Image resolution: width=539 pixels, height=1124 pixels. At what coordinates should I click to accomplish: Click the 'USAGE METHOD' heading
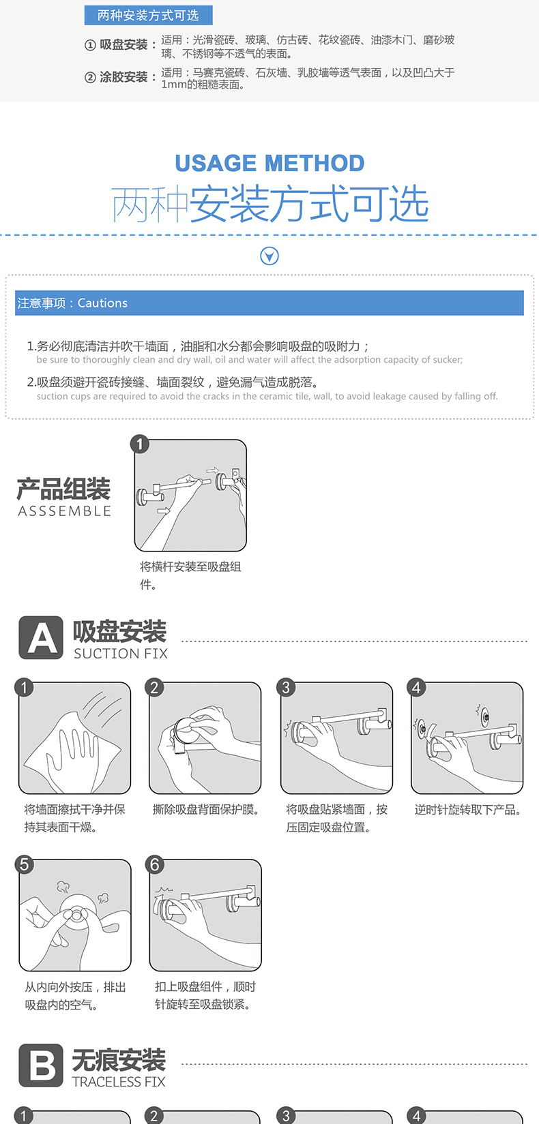click(x=269, y=164)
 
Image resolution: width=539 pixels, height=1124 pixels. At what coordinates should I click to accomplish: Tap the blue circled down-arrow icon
click(x=269, y=256)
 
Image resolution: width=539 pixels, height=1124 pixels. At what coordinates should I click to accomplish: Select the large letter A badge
click(x=40, y=639)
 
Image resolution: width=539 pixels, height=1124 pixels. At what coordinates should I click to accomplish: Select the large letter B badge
click(x=40, y=1065)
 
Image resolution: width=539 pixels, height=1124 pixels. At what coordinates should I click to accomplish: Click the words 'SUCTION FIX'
click(x=120, y=654)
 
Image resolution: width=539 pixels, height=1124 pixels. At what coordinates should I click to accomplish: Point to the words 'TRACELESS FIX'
click(x=119, y=1082)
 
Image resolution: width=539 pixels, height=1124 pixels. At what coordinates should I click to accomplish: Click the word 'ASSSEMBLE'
click(x=64, y=511)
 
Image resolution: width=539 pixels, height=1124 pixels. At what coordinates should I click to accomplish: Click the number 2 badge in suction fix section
click(x=154, y=687)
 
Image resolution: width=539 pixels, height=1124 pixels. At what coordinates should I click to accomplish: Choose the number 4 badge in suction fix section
click(x=416, y=687)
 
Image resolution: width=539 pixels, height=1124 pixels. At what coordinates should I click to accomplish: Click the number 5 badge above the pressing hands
click(x=24, y=864)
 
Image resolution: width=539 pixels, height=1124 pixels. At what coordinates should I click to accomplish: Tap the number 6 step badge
click(x=155, y=864)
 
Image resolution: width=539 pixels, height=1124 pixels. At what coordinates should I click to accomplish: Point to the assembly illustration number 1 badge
click(x=140, y=444)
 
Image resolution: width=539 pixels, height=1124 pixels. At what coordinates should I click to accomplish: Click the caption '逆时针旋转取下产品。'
click(x=468, y=810)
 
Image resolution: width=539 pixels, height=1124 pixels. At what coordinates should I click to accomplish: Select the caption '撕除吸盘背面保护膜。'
click(x=205, y=810)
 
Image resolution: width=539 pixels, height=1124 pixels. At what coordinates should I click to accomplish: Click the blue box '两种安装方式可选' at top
click(x=148, y=15)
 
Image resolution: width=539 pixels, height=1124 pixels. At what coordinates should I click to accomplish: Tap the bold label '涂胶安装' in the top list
click(x=123, y=77)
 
